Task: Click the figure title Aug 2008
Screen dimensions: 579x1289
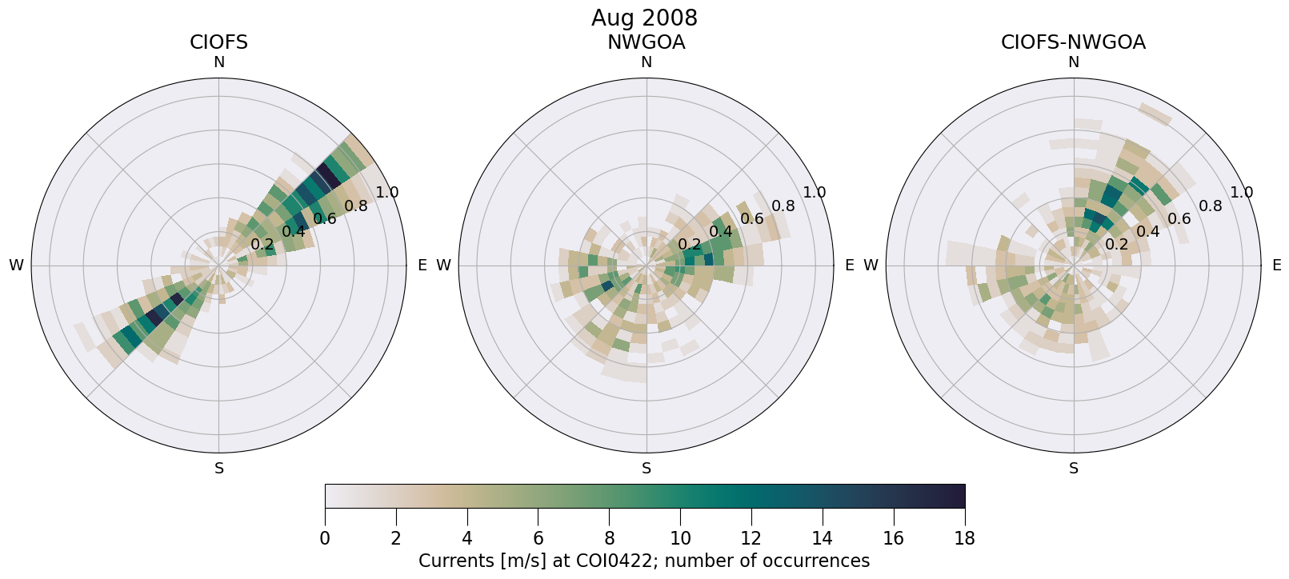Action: click(x=644, y=18)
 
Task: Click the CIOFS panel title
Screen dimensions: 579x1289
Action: click(x=218, y=42)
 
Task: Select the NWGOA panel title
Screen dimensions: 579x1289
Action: click(x=646, y=42)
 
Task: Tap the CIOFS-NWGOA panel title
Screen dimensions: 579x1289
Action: click(x=1073, y=42)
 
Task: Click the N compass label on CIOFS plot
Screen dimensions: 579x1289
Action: click(x=218, y=62)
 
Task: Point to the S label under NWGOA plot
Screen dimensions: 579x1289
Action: click(x=647, y=469)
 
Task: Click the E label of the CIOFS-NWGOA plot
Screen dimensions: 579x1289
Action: click(x=1277, y=266)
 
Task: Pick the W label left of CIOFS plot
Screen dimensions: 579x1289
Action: click(x=16, y=266)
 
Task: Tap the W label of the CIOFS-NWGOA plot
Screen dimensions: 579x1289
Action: click(x=871, y=266)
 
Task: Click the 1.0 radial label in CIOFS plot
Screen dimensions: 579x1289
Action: click(x=387, y=192)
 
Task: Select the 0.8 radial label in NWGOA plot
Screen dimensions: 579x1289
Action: click(x=783, y=206)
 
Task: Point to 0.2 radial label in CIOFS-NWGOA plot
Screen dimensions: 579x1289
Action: click(x=1117, y=245)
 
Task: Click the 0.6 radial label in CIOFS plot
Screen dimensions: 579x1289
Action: click(x=325, y=219)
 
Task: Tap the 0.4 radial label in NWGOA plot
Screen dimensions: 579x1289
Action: click(x=721, y=232)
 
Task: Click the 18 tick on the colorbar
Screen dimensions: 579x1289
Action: click(x=964, y=538)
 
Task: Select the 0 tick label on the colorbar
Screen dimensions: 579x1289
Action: click(x=325, y=538)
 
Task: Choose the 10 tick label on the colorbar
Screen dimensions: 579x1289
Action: click(x=680, y=538)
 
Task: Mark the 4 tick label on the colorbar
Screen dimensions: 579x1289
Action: click(x=466, y=538)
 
